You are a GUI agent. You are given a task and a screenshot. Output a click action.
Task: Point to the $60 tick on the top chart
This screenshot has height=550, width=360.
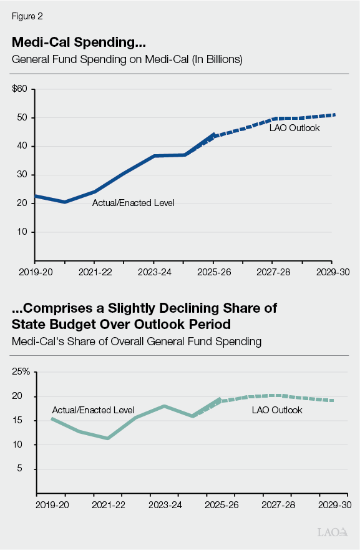tap(19, 89)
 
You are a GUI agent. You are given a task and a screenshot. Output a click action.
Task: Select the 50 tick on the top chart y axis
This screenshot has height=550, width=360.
tap(22, 118)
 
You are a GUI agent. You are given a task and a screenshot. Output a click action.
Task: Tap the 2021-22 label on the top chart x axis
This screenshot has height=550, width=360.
tap(94, 272)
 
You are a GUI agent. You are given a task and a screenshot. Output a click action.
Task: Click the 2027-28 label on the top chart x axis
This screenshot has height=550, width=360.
tap(272, 272)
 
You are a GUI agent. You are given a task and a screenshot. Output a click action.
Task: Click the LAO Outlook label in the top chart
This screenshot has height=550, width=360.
tap(294, 128)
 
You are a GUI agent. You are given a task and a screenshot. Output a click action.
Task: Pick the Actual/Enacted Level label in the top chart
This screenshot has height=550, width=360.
tap(134, 203)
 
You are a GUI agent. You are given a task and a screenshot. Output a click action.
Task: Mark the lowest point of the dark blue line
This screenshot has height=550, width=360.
tap(64, 202)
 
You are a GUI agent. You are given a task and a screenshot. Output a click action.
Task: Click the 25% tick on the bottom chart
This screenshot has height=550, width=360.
tap(21, 372)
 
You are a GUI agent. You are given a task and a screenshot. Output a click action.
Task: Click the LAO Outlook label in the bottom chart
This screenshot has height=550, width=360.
tap(276, 410)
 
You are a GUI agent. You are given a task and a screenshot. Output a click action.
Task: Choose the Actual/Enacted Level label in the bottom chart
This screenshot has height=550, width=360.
tap(92, 410)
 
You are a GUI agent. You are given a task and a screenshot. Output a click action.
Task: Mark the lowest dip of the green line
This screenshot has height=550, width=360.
tap(107, 438)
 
